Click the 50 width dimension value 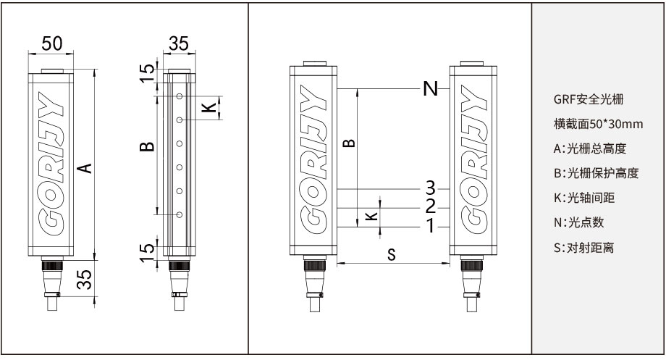point(51,43)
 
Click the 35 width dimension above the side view point(177,43)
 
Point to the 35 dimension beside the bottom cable point(86,280)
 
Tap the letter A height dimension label point(85,168)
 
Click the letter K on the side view point(208,107)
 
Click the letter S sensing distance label point(392,254)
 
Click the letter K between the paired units point(371,217)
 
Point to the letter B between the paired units point(349,140)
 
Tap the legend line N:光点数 point(578,222)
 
